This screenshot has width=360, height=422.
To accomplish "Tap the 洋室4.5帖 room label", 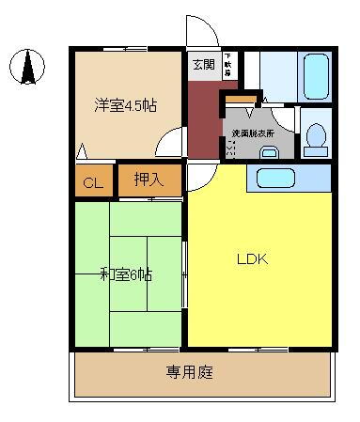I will click(x=124, y=105).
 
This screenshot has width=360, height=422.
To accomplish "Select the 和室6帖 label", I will click(x=126, y=275).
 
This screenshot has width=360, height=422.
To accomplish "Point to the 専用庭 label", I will click(x=190, y=372).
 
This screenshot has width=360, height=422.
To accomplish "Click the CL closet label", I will click(x=92, y=183).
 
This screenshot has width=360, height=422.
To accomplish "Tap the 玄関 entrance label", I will click(x=202, y=65).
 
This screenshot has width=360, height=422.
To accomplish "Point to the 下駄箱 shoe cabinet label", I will click(x=227, y=66).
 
